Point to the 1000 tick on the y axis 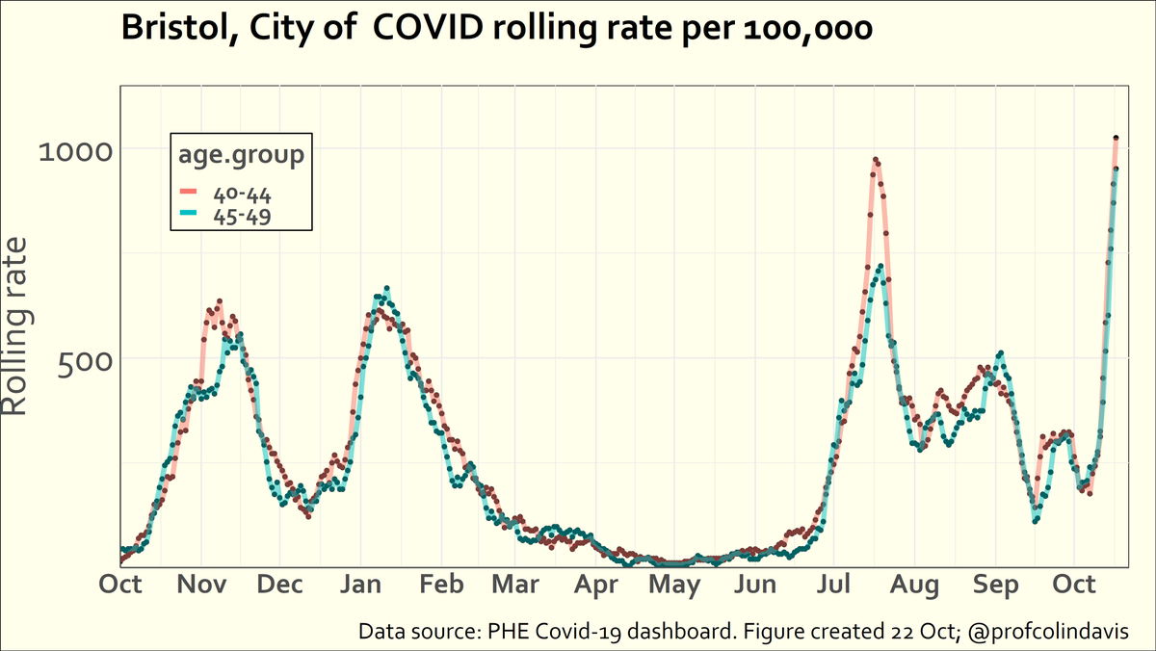[75, 150]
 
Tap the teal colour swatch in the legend [188, 213]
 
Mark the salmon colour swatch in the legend [188, 192]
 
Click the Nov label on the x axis [201, 586]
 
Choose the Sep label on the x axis [996, 586]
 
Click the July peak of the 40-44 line [876, 161]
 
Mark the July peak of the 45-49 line [880, 269]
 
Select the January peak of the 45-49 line [386, 289]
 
